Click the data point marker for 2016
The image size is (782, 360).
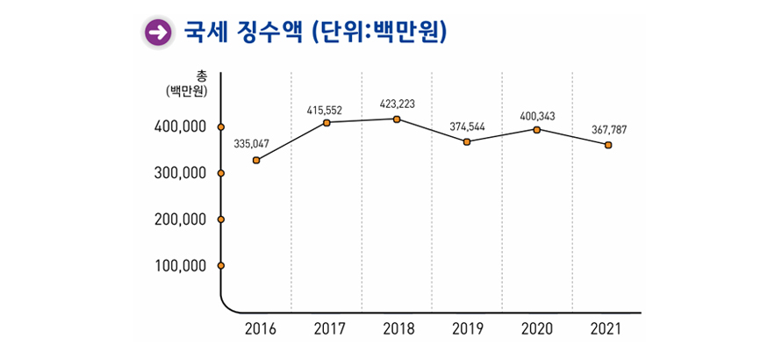point(256,160)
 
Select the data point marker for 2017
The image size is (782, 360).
point(326,123)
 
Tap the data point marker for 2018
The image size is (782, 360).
point(397,119)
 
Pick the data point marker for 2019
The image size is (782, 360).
point(467,141)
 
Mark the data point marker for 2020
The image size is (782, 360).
point(537,130)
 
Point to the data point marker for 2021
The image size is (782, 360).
point(607,145)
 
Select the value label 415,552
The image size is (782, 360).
point(324,111)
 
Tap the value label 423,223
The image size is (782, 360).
point(397,104)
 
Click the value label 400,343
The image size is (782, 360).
point(537,116)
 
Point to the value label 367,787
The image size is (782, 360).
point(608,130)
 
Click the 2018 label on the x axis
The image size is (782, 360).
point(398,329)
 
